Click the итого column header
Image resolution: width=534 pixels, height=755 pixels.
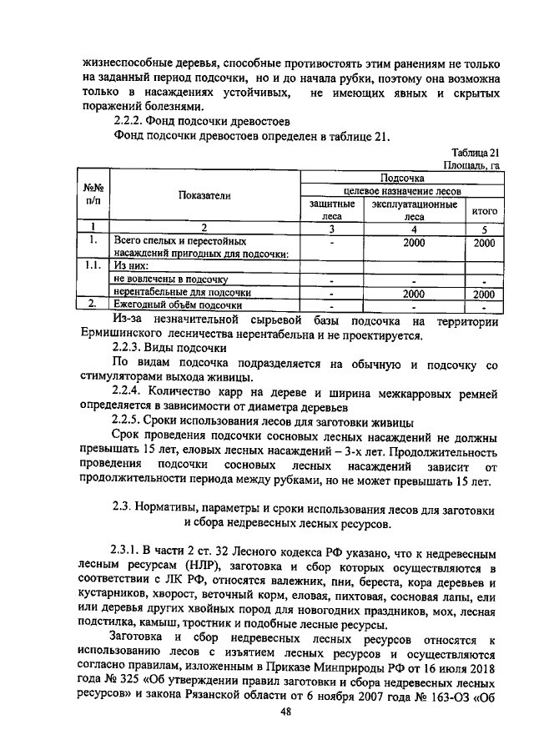coord(484,211)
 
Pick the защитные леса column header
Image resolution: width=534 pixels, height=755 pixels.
coord(331,209)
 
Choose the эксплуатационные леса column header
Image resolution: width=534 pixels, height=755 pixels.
coord(414,209)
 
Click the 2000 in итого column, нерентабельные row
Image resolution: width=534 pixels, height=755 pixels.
coord(483,294)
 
